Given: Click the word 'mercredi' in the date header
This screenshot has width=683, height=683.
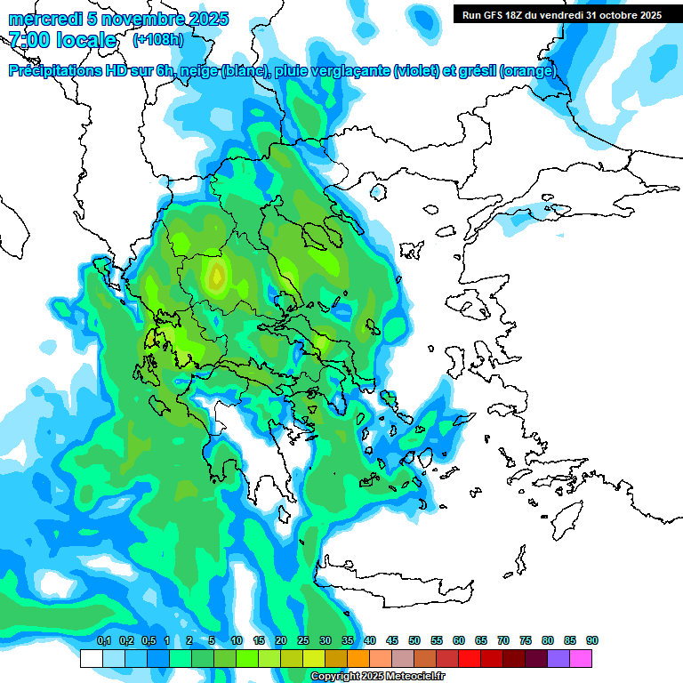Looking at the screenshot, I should point(39,19).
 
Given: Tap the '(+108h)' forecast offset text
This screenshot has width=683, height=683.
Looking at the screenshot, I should point(158,39).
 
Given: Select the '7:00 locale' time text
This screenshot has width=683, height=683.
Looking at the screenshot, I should point(62,40).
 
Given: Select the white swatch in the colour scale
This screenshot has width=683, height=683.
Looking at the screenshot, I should point(91,659).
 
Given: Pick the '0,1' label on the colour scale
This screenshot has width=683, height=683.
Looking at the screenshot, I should point(103,641).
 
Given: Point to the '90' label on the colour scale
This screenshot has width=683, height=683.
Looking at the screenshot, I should point(592,641).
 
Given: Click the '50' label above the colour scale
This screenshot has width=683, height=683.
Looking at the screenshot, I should point(414,641).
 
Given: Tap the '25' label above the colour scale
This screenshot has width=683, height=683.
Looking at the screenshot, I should point(303,641).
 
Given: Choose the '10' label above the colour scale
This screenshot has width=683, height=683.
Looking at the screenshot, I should point(237,641).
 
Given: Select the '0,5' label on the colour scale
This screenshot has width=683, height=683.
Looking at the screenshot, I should point(149,641).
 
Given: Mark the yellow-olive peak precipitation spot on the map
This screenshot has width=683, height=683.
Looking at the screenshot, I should point(216,277).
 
